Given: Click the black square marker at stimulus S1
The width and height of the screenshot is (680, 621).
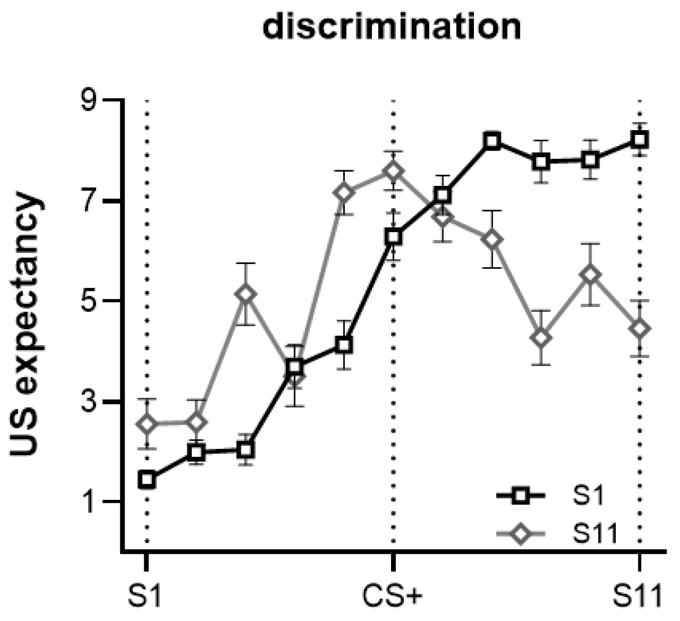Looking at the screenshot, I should point(147,479).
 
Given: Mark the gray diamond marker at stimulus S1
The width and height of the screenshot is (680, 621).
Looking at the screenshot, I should point(147,424).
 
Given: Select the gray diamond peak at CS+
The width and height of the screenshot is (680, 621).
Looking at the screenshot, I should point(393,171).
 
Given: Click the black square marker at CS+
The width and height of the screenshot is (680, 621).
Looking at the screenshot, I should point(393,237).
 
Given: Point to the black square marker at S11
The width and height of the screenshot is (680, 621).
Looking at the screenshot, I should point(639,139).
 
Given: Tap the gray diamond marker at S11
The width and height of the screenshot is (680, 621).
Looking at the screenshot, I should point(639,329).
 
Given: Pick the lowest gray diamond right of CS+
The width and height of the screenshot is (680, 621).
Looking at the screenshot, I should point(541,338).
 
